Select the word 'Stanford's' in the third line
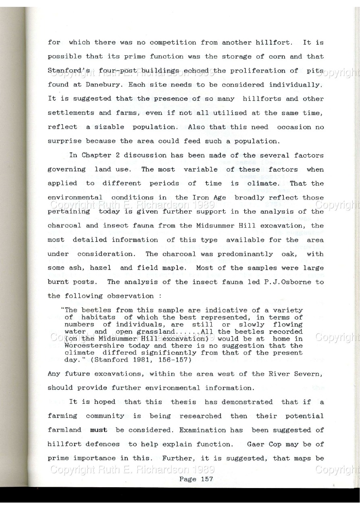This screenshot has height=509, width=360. click(x=65, y=71)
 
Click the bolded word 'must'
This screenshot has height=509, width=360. click(x=98, y=430)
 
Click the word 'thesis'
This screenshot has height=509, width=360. click(x=183, y=402)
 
